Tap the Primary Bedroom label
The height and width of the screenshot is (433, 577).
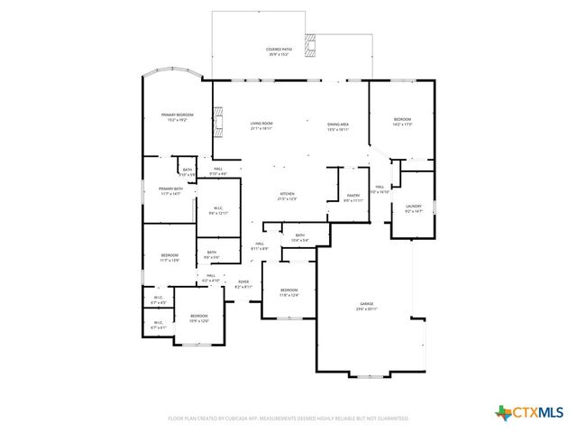coord(177,115)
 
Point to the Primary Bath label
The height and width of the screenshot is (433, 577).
coord(171,189)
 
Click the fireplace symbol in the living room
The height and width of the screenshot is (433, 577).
coord(216,117)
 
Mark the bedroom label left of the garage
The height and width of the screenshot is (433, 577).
coord(288,290)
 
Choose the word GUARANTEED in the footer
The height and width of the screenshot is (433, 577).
coord(390,419)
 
